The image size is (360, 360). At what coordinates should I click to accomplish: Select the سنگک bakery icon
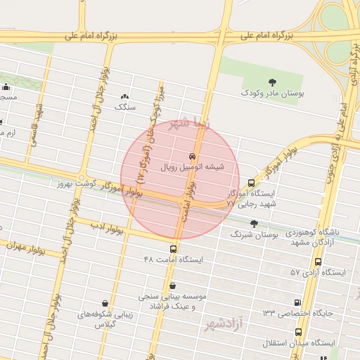tap(125, 96)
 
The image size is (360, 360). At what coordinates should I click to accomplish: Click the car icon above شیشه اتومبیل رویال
tap(192, 156)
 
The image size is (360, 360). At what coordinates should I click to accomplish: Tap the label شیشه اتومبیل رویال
tap(193, 167)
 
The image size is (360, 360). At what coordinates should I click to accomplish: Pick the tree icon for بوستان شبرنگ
tap(255, 224)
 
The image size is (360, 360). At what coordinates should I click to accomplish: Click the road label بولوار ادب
tap(106, 227)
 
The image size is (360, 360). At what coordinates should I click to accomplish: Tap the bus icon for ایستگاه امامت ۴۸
tap(173, 249)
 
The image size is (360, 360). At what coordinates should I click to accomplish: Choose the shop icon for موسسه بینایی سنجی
tap(173, 286)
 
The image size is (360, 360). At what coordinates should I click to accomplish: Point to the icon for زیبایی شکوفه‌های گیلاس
tap(105, 303)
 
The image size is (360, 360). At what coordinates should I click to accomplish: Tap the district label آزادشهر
tap(223, 325)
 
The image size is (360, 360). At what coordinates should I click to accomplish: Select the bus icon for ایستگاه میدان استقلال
tap(299, 331)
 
